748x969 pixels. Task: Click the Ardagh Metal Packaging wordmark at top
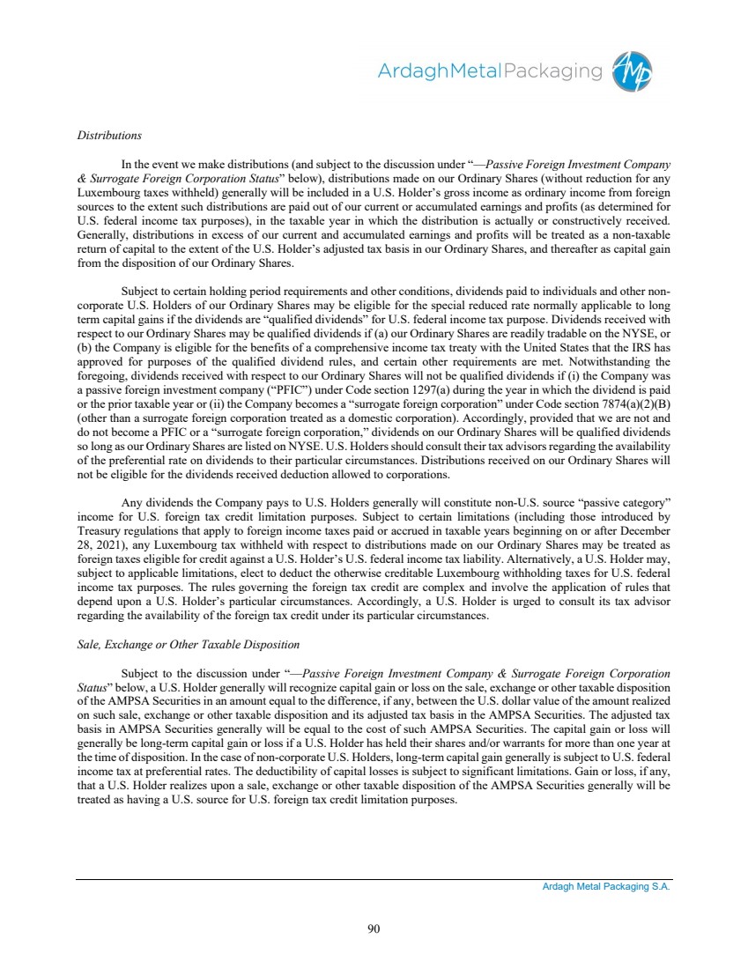(490, 71)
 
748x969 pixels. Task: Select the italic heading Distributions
(109, 136)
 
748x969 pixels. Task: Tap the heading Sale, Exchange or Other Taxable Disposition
(188, 646)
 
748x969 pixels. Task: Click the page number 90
(374, 927)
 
